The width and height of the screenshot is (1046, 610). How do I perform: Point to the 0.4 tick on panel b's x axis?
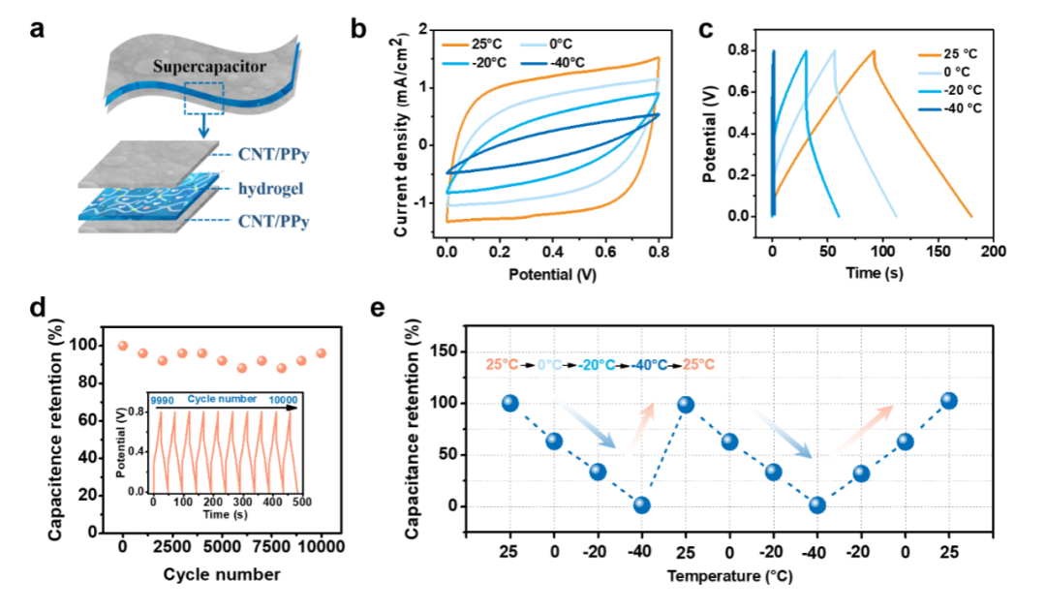(550, 253)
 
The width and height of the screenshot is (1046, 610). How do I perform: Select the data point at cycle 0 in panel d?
(123, 346)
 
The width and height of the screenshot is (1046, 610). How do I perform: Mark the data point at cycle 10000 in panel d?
(321, 354)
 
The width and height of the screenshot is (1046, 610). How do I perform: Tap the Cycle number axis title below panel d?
(222, 574)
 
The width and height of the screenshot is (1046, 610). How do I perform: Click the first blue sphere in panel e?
(510, 403)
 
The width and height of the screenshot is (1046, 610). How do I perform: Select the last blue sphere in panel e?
(948, 400)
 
